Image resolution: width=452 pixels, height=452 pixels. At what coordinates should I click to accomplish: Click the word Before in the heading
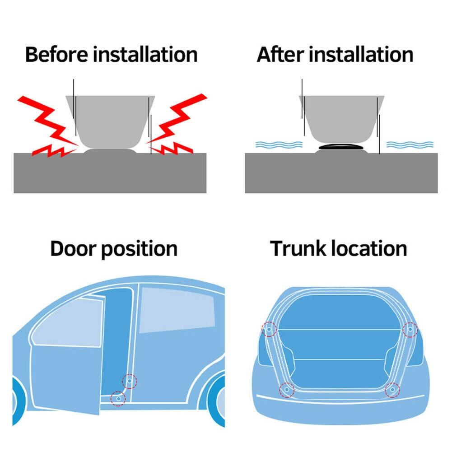point(57,55)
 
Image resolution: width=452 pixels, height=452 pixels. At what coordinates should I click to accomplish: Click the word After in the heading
point(280,55)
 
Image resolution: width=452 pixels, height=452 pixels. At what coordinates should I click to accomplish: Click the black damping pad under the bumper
point(341,147)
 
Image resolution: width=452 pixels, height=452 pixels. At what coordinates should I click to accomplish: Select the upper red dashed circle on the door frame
point(130,382)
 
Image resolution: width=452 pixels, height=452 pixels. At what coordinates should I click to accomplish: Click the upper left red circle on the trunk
point(269,329)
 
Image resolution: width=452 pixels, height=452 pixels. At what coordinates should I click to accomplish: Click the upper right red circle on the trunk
point(410,330)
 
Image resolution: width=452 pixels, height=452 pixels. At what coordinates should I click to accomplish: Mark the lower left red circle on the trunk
point(287,389)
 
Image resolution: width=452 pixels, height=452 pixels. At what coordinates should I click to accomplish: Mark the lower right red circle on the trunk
point(392,389)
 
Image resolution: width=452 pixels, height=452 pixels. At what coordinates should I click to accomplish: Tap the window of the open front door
point(68,323)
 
